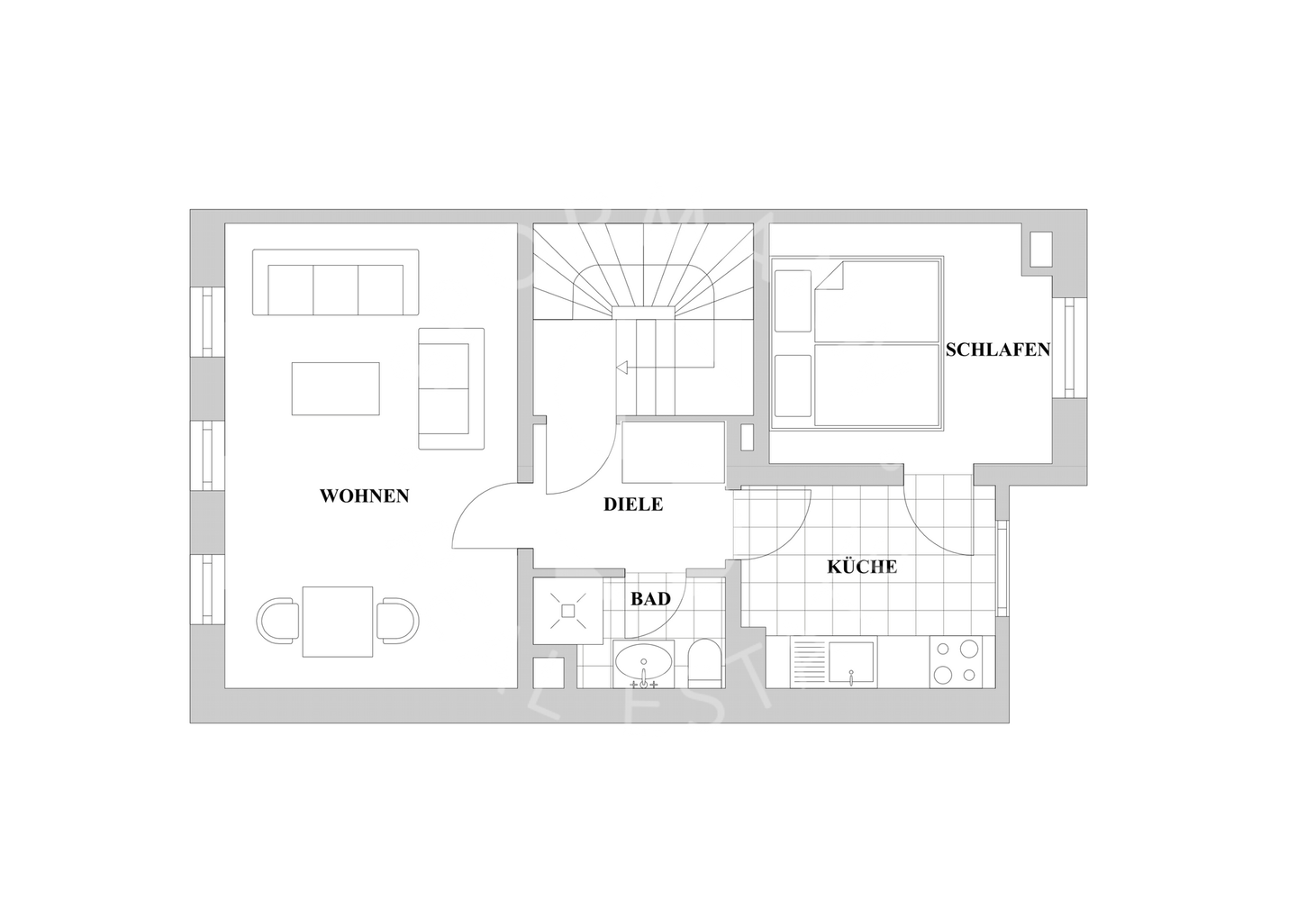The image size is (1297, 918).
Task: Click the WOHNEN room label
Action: coord(364,495)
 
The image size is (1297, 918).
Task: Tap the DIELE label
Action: coord(632,504)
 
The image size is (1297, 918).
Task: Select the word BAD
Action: coord(649,598)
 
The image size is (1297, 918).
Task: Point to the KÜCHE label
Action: coord(862,567)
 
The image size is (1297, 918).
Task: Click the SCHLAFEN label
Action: coord(997,350)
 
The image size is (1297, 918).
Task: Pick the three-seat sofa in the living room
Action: coord(335,283)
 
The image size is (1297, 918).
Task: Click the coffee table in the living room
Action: coord(335,388)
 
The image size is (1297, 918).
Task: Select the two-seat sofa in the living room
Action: coord(451,388)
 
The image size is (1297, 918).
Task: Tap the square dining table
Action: coord(338,622)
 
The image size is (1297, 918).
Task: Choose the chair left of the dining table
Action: coord(279,622)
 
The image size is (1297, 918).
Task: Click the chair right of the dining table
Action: coord(397,622)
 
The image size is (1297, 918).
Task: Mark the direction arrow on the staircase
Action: coord(621,368)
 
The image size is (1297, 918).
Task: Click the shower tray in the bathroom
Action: coord(567,611)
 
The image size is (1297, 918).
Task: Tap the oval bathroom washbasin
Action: coord(643,664)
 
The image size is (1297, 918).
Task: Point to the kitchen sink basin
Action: coord(852,663)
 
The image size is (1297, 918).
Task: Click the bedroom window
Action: coord(1069,348)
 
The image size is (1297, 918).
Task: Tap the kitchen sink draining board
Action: coord(809,663)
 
